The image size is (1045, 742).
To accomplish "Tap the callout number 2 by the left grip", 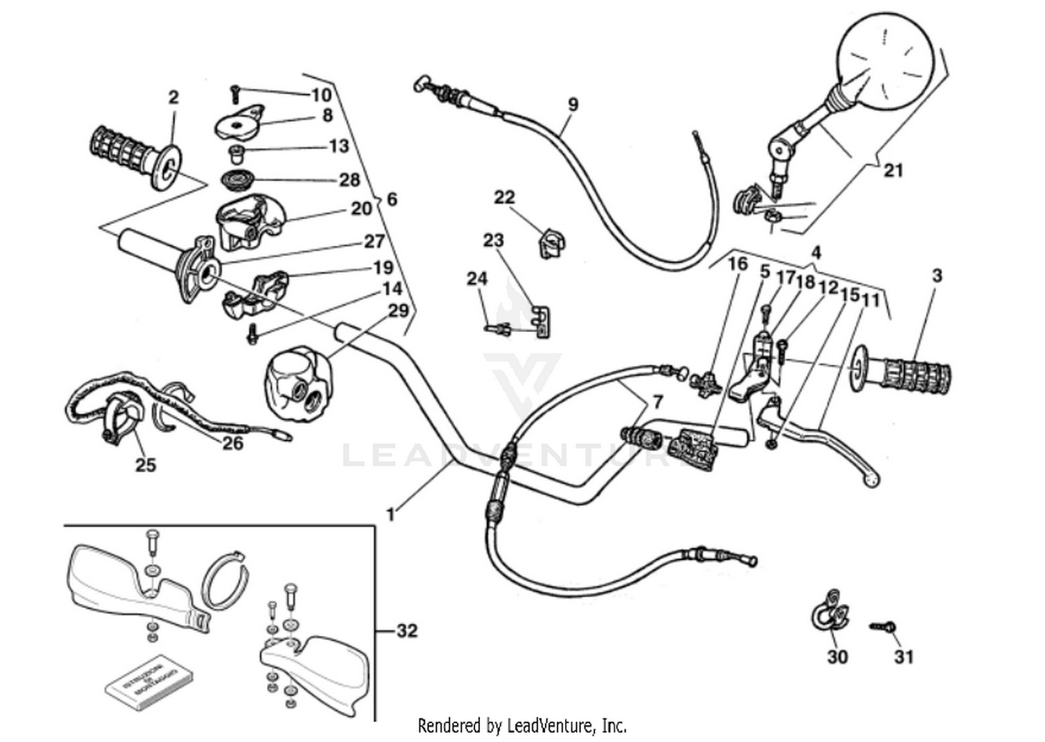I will tap(173, 97).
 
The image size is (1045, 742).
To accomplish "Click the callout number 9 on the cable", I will tap(573, 105).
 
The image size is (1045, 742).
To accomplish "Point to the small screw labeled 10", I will tap(235, 93).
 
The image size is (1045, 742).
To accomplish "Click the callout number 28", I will tap(349, 180).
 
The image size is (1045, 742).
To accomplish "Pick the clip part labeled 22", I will tap(551, 243).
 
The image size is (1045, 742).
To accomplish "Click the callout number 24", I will tap(477, 279).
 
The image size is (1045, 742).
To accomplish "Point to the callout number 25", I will tap(145, 464).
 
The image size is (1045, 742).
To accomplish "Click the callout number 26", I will tap(233, 442).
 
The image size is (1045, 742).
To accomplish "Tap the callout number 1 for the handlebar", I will tap(391, 515).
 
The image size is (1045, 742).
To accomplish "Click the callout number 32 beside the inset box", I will tap(407, 630).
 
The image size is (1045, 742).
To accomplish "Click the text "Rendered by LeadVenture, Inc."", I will tap(522, 726).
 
